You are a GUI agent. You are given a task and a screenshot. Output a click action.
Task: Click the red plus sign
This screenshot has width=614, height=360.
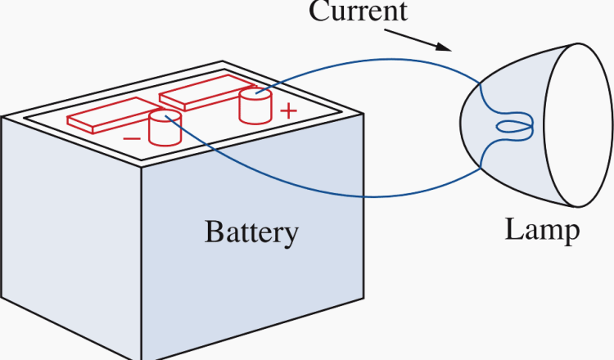point(287,111)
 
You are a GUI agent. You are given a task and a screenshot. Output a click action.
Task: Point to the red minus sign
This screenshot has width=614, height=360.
point(131,139)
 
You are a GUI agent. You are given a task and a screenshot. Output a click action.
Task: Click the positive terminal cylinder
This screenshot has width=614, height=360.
point(255,106)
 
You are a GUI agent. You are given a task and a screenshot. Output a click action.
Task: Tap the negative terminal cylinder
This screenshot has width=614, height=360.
point(164,129)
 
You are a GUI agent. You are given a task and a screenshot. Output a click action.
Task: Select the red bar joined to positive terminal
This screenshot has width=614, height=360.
point(201,96)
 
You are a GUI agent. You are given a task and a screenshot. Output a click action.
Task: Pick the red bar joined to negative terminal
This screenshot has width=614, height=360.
point(106,118)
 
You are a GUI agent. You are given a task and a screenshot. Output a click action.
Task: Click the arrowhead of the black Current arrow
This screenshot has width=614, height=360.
point(445,47)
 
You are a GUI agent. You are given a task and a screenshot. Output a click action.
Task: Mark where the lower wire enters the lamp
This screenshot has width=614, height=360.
point(481,168)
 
